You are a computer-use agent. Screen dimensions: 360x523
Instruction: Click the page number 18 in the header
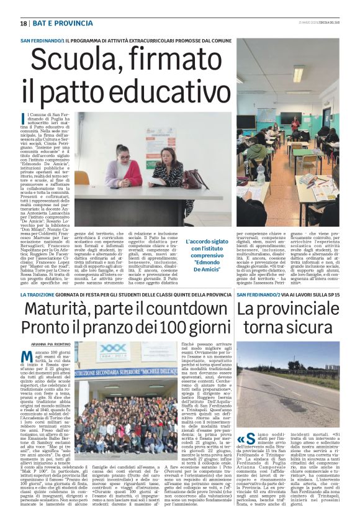pos(24,24)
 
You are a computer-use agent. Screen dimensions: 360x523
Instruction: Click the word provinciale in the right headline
pos(295,309)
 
